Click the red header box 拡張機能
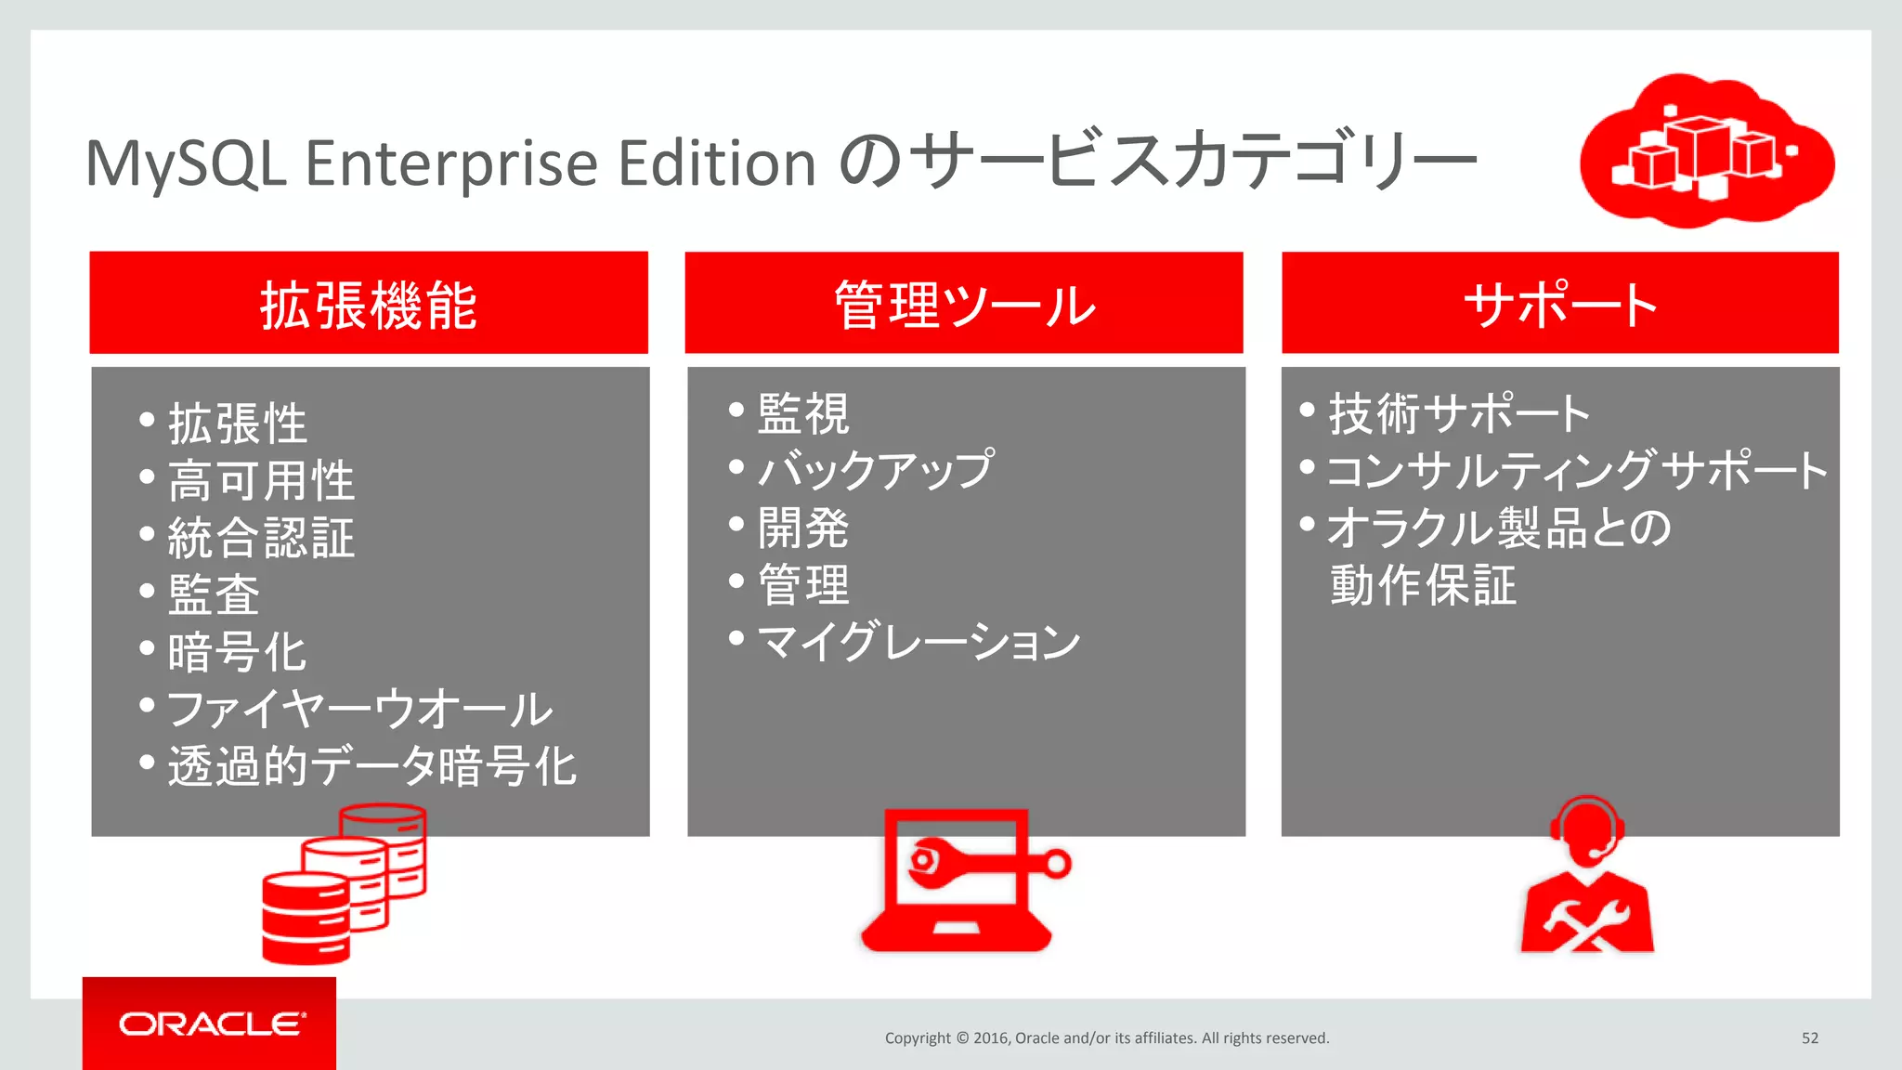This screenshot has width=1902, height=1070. (x=369, y=303)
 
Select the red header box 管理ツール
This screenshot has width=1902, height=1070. (x=964, y=303)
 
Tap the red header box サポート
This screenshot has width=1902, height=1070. (x=1560, y=303)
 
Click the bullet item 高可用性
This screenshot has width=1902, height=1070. (x=261, y=481)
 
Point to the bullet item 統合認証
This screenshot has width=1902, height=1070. (x=261, y=538)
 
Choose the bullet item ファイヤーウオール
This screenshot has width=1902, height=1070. (x=360, y=710)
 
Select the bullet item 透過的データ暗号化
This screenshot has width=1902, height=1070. (x=371, y=767)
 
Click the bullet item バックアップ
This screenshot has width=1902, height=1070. (x=875, y=470)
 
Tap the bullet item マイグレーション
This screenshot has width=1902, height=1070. (x=918, y=642)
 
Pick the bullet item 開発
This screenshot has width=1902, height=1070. (x=803, y=528)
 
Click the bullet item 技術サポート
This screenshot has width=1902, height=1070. (x=1459, y=413)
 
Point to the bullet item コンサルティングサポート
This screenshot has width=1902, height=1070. (x=1576, y=470)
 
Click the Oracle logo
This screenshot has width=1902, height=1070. (x=210, y=1024)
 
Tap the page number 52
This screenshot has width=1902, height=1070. (x=1810, y=1037)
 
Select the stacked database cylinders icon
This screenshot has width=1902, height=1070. (x=344, y=884)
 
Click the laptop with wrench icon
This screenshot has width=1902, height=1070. (x=961, y=881)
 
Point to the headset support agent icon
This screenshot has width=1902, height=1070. (x=1587, y=875)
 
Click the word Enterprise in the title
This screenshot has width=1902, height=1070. (x=451, y=163)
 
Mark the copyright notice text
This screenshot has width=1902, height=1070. (x=1107, y=1037)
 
